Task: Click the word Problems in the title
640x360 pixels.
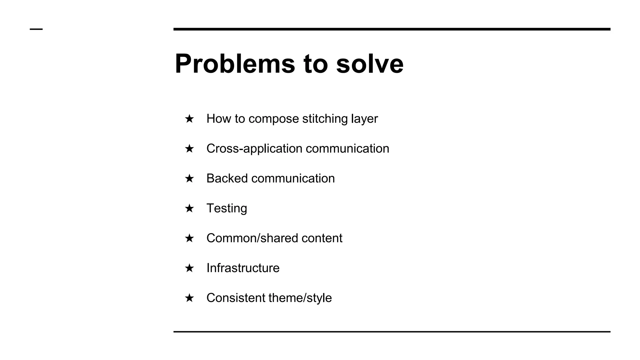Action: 235,64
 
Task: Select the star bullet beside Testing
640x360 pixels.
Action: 189,208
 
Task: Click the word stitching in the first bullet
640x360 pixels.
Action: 325,119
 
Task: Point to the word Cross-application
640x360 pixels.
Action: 254,148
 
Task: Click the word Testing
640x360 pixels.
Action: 227,208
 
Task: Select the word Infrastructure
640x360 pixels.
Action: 243,268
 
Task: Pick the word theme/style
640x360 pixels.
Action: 300,298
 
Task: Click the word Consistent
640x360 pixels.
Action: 236,298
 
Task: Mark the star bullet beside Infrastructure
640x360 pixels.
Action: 189,268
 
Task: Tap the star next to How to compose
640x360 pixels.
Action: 189,119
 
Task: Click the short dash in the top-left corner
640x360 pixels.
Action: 36,29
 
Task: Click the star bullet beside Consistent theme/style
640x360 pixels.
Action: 189,298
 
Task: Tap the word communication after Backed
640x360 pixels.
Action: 293,178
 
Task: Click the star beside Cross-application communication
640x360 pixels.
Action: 189,148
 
